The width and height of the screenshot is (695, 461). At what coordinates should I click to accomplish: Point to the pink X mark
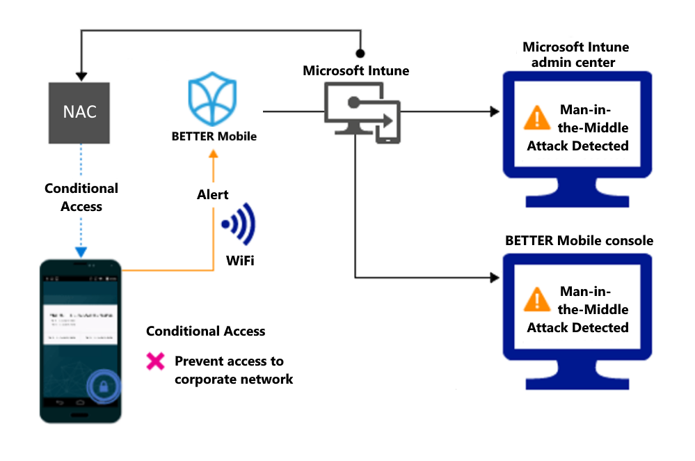click(x=155, y=361)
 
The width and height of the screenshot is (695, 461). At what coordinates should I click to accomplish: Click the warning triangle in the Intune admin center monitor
click(x=536, y=118)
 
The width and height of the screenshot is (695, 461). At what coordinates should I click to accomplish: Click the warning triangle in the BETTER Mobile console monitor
click(x=536, y=300)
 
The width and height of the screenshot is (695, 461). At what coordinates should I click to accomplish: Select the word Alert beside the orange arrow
click(x=212, y=195)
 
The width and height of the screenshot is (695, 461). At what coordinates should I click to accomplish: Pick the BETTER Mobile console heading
click(x=579, y=240)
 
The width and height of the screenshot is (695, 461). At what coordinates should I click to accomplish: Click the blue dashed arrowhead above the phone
click(x=81, y=253)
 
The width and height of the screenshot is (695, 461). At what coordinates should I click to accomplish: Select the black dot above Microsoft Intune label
click(x=360, y=53)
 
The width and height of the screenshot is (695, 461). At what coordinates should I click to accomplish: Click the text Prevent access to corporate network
click(x=233, y=370)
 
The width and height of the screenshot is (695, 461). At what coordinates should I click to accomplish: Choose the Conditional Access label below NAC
click(x=81, y=197)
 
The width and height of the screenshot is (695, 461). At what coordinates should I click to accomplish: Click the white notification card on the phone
click(x=80, y=323)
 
